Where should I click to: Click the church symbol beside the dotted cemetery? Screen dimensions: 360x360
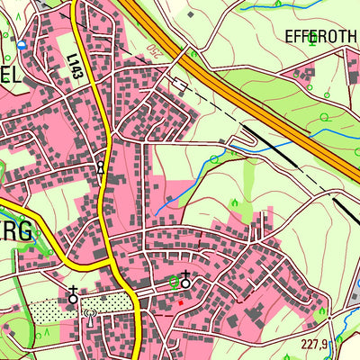73,296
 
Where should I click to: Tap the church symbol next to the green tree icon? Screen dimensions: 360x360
186,281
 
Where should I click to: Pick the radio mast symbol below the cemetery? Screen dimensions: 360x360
89,316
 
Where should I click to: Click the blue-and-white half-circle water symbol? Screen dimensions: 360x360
22,44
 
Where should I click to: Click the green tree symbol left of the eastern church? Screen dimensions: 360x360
173,283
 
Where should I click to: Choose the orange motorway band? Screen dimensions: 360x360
243,90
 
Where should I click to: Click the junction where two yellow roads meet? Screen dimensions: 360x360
114,265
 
